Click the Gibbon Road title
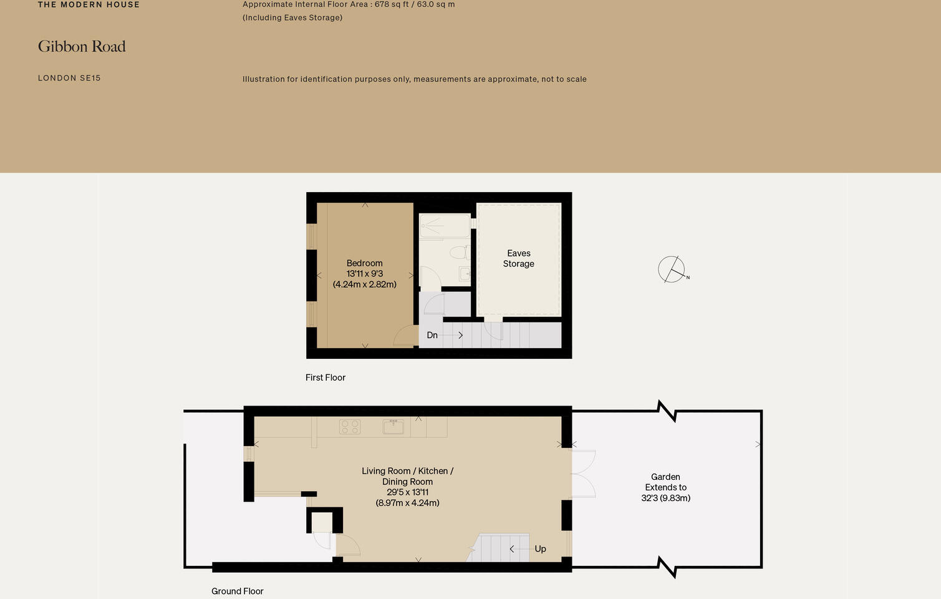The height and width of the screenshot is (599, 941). (x=82, y=47)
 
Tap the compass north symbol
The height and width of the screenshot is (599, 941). (x=672, y=270)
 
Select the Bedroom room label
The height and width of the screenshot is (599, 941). (x=365, y=263)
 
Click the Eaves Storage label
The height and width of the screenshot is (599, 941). (x=518, y=258)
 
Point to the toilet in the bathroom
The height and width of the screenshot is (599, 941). (x=459, y=252)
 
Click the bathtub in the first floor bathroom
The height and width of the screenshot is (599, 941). (x=445, y=226)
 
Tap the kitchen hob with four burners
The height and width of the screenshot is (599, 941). (x=350, y=427)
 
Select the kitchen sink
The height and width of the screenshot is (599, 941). (x=393, y=426)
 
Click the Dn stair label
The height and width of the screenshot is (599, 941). (x=432, y=335)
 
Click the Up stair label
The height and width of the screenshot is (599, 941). (x=540, y=549)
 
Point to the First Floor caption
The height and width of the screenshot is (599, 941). (x=325, y=377)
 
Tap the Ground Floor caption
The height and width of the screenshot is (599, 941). (x=237, y=591)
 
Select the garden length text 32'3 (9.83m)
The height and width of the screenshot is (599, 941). (x=665, y=498)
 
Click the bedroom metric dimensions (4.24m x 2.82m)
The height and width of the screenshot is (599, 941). (x=365, y=285)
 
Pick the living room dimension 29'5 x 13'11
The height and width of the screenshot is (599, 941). (x=407, y=492)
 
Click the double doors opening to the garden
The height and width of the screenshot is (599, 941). (x=583, y=474)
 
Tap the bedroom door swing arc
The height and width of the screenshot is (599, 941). (x=404, y=336)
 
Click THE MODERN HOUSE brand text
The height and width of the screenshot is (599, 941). (x=89, y=5)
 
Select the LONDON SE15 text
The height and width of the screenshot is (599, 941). (x=69, y=78)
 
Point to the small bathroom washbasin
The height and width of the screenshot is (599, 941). (x=465, y=273)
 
